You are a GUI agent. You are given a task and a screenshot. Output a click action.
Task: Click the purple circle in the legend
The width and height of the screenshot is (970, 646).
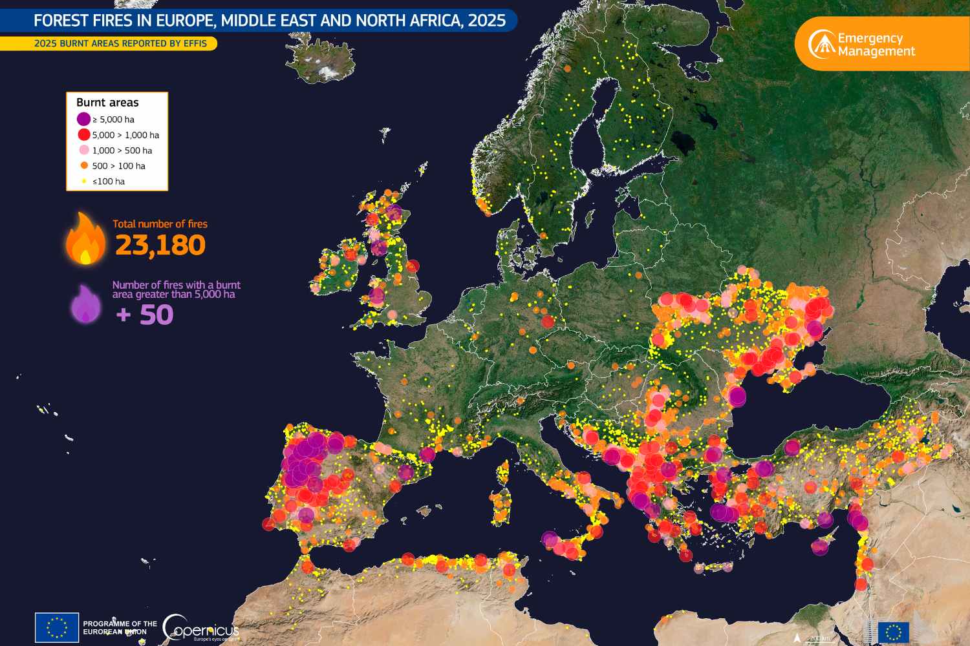[x=83, y=120]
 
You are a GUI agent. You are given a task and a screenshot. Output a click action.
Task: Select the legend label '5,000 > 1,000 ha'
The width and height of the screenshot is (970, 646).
[x=125, y=135]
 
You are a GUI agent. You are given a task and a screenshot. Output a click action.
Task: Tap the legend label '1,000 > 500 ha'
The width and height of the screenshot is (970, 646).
[x=122, y=151]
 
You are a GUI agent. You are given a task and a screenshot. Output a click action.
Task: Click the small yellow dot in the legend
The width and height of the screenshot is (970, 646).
[x=83, y=182]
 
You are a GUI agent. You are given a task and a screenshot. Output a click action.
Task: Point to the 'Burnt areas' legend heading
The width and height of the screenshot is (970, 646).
[x=107, y=103]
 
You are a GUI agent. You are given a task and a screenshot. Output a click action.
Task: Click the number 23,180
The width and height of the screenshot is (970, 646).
[x=160, y=245]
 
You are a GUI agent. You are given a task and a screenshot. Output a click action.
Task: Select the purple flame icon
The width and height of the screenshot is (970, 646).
[x=85, y=304]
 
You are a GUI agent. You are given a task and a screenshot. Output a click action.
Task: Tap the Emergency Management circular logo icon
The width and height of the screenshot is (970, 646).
[x=821, y=44]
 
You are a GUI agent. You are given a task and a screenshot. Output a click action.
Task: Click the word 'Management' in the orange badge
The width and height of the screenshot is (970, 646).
[x=876, y=52]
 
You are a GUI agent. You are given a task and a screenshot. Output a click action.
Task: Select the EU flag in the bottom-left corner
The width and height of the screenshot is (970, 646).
[x=57, y=627]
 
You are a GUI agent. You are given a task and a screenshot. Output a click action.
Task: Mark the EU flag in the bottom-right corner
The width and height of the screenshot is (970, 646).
[x=893, y=632]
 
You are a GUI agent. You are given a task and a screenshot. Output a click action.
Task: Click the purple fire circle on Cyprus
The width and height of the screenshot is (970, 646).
[x=819, y=547]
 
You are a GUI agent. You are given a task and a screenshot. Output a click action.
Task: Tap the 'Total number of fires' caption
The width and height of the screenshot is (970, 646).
[x=160, y=224]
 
